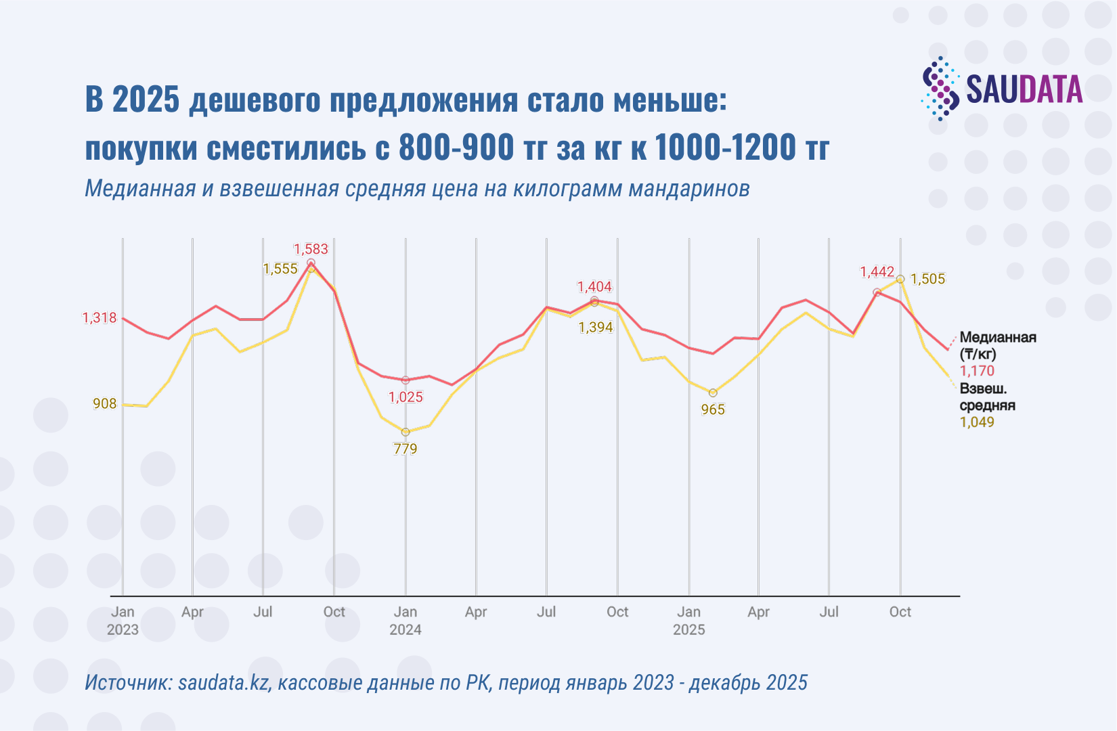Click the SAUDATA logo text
pyautogui.click(x=1024, y=90)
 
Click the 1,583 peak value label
pyautogui.click(x=311, y=249)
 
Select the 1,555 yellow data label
pyautogui.click(x=280, y=269)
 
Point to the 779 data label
pyautogui.click(x=406, y=449)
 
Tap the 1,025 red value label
pyautogui.click(x=406, y=397)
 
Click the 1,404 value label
pyautogui.click(x=594, y=287)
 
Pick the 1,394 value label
pyautogui.click(x=596, y=328)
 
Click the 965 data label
pyautogui.click(x=713, y=409)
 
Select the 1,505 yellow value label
pyautogui.click(x=927, y=279)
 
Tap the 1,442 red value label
pyautogui.click(x=877, y=272)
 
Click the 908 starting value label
pyautogui.click(x=104, y=404)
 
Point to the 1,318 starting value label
pyautogui.click(x=100, y=318)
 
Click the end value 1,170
pyautogui.click(x=977, y=371)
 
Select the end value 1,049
pyautogui.click(x=977, y=422)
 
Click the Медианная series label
pyautogui.click(x=998, y=338)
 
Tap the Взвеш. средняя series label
pyautogui.click(x=987, y=397)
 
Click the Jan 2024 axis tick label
pyautogui.click(x=406, y=620)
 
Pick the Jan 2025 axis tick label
pyautogui.click(x=688, y=620)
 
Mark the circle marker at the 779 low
pyautogui.click(x=406, y=432)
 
